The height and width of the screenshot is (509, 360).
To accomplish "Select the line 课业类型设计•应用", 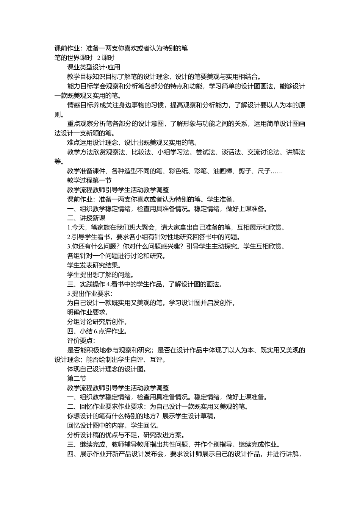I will click(x=94, y=67).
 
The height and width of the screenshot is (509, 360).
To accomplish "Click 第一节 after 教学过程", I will click(x=102, y=181).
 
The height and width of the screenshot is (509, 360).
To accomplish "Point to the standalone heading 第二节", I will click(x=77, y=378).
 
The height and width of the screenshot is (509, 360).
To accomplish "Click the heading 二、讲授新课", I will click(x=86, y=218).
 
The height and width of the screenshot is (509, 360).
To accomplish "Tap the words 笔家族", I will click(x=100, y=228).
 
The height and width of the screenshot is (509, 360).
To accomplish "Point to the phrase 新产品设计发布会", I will click(x=139, y=454).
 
